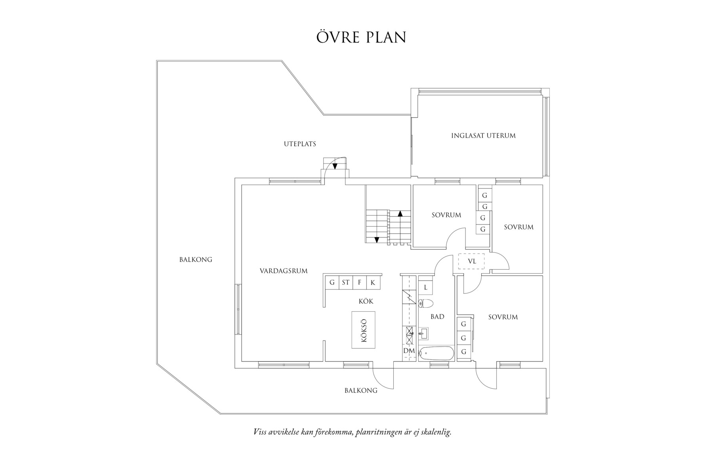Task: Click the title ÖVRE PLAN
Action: click(361, 37)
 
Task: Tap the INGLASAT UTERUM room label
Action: click(483, 136)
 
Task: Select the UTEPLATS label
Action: click(300, 144)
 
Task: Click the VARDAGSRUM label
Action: click(284, 271)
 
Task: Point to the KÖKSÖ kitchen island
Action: click(363, 330)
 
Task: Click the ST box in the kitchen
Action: click(346, 283)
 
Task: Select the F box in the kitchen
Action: click(360, 283)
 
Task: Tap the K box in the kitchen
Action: click(373, 283)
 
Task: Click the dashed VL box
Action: click(471, 261)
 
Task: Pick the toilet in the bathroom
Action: click(426, 304)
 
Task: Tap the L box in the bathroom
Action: click(425, 287)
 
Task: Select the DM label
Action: click(409, 351)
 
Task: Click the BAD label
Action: click(437, 317)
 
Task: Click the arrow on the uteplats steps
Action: click(335, 166)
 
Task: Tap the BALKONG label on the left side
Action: click(196, 260)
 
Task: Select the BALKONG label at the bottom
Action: click(361, 390)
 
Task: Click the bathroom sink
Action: click(423, 333)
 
